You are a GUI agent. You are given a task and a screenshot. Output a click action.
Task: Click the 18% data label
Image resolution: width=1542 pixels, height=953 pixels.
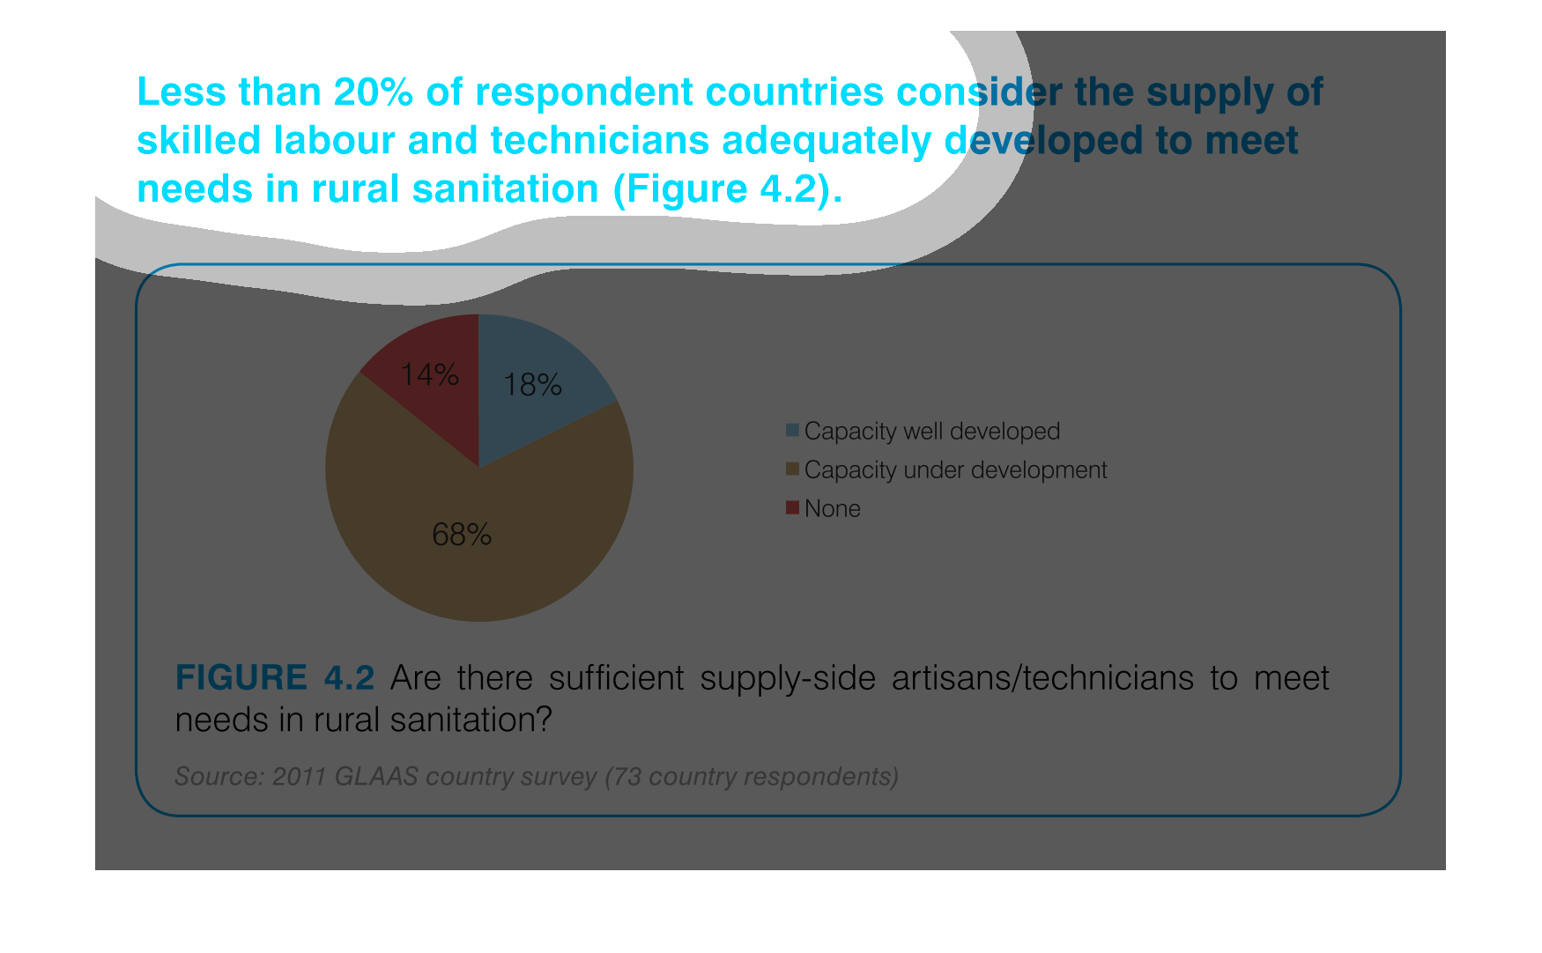[532, 385]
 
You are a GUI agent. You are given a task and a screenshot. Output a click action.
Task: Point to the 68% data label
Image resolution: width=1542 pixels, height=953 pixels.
[462, 535]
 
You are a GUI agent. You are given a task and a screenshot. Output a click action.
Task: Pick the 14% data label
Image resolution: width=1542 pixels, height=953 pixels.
[429, 375]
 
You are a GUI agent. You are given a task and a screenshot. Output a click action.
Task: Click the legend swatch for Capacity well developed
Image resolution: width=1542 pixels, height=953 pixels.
[792, 430]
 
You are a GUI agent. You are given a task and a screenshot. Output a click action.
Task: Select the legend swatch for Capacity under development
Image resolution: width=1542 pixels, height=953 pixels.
[792, 469]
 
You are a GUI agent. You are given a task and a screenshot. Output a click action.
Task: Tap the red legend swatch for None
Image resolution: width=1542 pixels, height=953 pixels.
[792, 507]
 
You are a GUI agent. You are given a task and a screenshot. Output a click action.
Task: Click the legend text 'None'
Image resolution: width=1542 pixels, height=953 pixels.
[833, 508]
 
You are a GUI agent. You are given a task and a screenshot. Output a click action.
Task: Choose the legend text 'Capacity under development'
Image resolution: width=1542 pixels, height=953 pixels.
[955, 470]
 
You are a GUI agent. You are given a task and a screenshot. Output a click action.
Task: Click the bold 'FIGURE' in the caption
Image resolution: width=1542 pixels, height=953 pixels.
[241, 678]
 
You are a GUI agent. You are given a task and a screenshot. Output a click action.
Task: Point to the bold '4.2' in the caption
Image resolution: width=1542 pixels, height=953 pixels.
[349, 678]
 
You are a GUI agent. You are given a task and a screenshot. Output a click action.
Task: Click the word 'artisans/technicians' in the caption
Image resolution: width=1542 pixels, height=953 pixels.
[1042, 678]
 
